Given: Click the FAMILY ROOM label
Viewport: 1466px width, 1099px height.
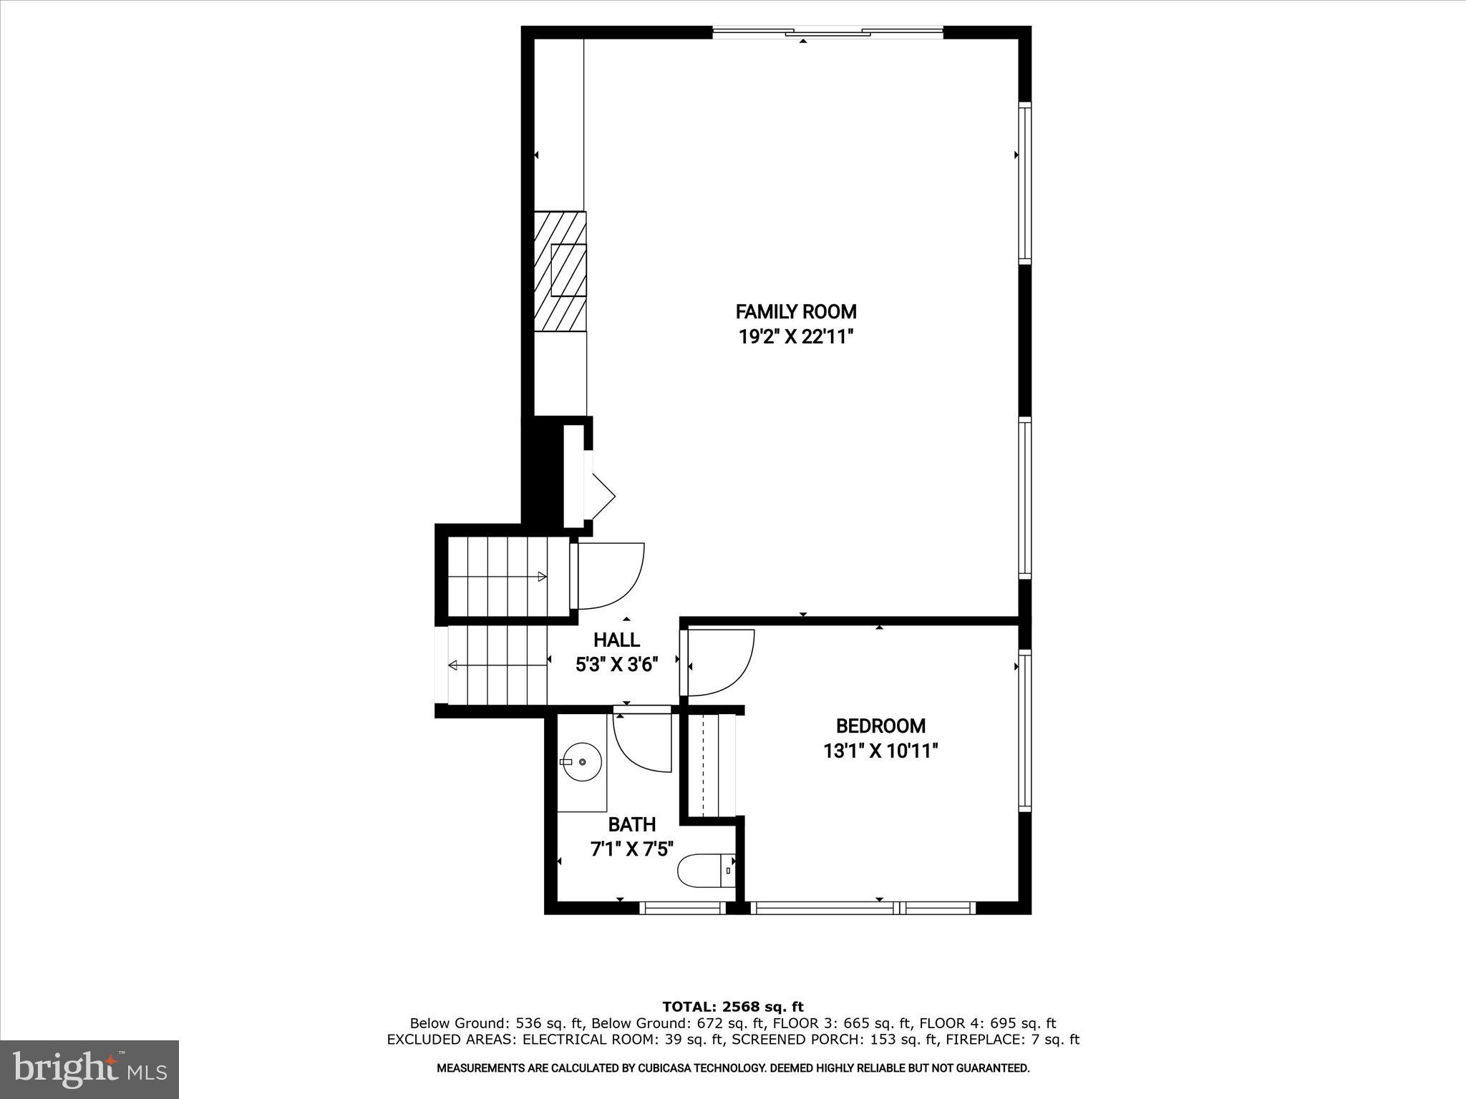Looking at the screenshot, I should [796, 312].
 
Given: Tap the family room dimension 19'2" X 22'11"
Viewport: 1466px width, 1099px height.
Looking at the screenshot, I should [797, 337].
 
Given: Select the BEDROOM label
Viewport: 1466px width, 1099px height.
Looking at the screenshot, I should [880, 726].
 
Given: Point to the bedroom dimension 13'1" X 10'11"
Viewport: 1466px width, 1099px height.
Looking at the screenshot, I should [880, 751].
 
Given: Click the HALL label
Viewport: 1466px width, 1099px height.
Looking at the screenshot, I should [616, 640].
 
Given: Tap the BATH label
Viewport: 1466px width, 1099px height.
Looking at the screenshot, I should [631, 825].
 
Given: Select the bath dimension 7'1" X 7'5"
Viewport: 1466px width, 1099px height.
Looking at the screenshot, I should [631, 850].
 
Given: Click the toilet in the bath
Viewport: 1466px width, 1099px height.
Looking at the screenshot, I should [705, 871].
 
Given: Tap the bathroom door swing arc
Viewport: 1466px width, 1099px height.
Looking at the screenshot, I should [643, 744].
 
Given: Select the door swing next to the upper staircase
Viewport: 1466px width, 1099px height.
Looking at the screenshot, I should [612, 576].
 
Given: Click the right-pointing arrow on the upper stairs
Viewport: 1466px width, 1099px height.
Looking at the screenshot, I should [542, 577].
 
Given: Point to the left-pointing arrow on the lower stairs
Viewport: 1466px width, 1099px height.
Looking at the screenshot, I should [453, 665].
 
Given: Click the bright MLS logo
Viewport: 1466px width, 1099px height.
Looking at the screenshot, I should [89, 1069].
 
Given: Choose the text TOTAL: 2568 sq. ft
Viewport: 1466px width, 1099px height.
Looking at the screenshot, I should [733, 1007].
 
